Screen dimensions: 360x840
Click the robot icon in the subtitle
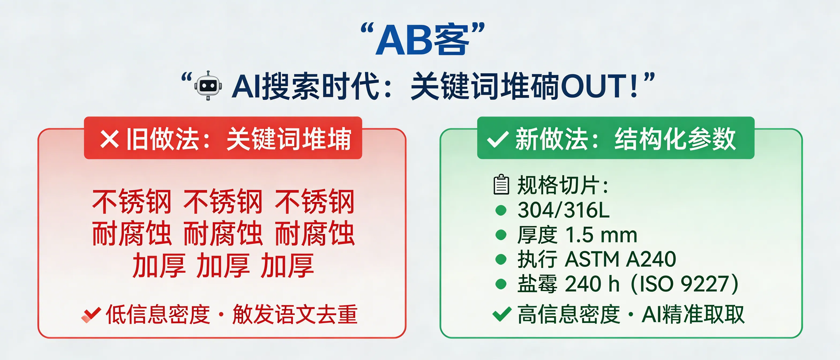click(x=208, y=85)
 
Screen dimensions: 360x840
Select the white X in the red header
click(x=109, y=139)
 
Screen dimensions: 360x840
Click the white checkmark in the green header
click(x=497, y=140)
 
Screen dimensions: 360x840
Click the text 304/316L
click(x=563, y=210)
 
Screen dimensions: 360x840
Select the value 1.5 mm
click(x=601, y=235)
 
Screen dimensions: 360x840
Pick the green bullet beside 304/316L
click(x=501, y=210)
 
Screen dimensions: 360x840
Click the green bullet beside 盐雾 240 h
click(x=501, y=284)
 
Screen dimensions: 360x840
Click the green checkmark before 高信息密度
click(x=501, y=314)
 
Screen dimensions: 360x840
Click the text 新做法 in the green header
click(x=551, y=139)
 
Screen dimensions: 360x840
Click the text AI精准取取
click(x=693, y=315)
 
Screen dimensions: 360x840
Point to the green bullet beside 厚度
click(x=501, y=235)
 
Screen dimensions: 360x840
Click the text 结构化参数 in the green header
click(x=675, y=139)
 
